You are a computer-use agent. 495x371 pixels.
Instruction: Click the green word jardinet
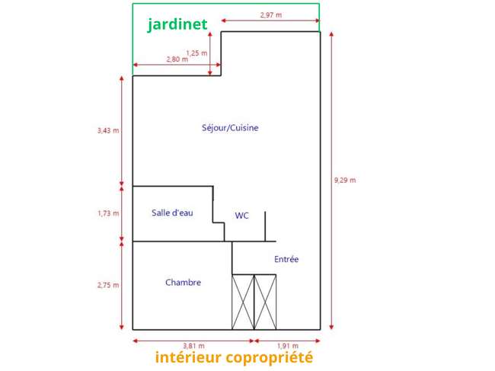177,24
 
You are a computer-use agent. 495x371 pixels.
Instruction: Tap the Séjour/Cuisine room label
230,128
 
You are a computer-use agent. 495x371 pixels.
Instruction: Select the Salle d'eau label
172,213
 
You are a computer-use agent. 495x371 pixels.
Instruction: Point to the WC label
242,216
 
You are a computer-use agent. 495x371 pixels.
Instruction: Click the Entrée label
286,259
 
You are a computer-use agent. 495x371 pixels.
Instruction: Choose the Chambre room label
183,283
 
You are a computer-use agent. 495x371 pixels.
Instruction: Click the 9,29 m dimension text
345,181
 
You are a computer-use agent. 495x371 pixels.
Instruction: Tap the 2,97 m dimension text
271,14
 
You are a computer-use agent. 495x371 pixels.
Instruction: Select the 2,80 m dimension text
177,59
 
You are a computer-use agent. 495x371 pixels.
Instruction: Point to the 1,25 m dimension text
196,53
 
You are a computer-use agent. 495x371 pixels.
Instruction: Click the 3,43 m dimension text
108,130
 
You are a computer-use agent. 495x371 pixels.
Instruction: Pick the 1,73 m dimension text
108,213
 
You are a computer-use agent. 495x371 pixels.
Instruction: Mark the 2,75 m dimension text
108,285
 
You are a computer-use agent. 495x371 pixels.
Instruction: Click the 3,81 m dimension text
193,346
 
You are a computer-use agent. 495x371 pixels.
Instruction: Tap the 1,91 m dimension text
288,346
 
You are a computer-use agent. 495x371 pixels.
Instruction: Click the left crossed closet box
243,302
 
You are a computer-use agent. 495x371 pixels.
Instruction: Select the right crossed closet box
265,302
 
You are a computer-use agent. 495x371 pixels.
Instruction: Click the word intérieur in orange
188,357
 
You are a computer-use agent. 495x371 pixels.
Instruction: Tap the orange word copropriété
270,358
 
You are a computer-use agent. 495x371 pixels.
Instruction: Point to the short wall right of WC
265,226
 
